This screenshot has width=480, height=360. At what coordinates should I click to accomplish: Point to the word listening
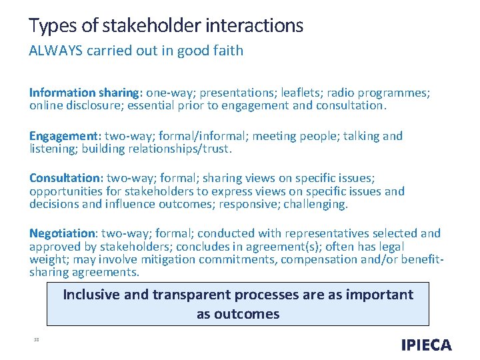[x=53, y=149]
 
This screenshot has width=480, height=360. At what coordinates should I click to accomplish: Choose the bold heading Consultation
[x=64, y=179]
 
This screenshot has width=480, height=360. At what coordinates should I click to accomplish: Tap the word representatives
[x=333, y=233]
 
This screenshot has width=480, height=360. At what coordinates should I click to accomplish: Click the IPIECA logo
[x=426, y=345]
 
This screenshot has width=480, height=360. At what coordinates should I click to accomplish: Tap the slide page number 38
[x=36, y=340]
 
